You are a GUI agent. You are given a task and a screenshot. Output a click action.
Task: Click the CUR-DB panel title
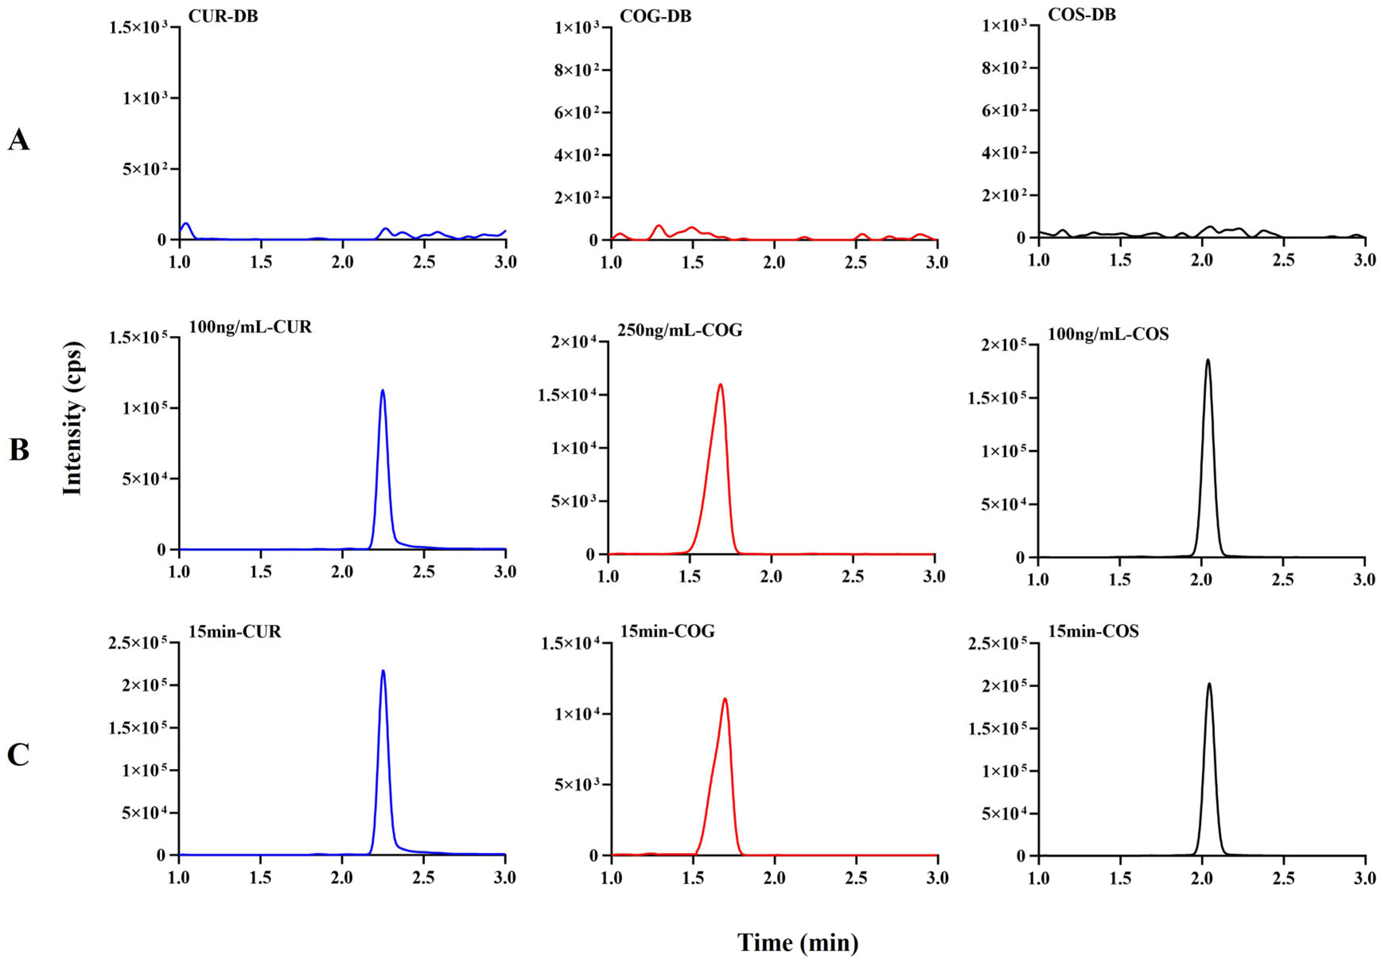223,16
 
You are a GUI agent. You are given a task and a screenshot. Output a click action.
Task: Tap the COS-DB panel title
1082,14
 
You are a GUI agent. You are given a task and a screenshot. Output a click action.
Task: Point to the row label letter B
19,450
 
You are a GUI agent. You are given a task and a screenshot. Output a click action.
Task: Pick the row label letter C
19,754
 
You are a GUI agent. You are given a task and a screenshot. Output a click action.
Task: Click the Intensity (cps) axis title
72,419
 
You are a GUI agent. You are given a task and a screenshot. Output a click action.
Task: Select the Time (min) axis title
798,942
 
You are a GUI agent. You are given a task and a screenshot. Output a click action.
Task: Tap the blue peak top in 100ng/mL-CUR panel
383,391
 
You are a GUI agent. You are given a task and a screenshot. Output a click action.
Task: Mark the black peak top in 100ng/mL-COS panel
1207,360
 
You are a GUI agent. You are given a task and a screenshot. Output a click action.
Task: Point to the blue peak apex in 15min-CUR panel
383,671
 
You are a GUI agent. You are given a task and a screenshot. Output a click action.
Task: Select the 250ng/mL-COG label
680,330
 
